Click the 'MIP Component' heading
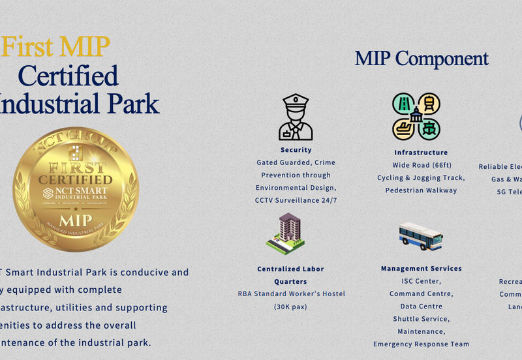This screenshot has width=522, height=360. [x=421, y=58]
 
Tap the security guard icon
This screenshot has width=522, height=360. [x=296, y=117]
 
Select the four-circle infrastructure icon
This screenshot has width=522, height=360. [x=416, y=116]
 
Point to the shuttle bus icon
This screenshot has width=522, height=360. [x=420, y=236]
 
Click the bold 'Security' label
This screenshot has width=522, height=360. [x=296, y=150]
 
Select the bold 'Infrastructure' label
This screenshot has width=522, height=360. [x=421, y=153]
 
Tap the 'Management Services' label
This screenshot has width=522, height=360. [x=421, y=269]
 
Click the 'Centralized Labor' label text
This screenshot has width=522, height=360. [x=290, y=269]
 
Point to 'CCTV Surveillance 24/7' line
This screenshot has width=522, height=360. [x=296, y=200]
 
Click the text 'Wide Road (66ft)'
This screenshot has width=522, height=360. [x=421, y=165]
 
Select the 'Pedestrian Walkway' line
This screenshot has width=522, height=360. [x=421, y=190]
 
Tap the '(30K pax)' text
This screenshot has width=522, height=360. [x=290, y=307]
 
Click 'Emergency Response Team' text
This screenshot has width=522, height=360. [x=421, y=344]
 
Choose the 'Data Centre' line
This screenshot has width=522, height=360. [x=421, y=307]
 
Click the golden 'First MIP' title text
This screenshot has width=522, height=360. [x=55, y=47]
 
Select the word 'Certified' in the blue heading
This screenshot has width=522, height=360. [x=68, y=76]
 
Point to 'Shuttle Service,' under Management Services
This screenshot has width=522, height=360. [x=421, y=319]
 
